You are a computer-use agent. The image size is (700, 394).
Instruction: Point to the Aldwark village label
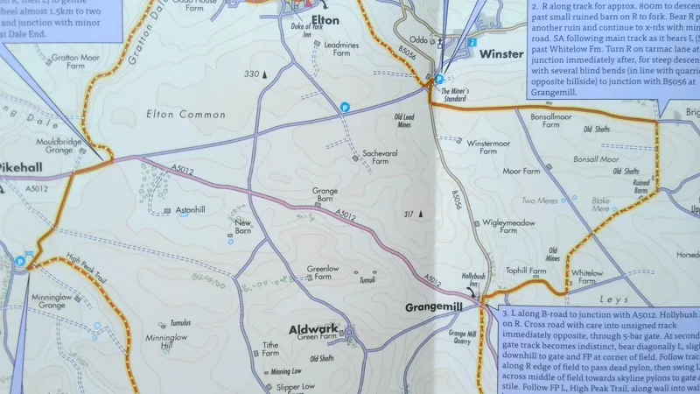coord(313,329)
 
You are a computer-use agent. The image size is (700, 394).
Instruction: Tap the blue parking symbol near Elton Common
coord(345,107)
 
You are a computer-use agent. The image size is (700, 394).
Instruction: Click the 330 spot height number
coord(252,74)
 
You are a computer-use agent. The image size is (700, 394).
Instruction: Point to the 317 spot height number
coord(409,214)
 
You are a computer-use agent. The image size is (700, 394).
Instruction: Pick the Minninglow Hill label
coord(160,341)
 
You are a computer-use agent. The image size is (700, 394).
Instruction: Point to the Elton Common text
coord(185,115)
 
